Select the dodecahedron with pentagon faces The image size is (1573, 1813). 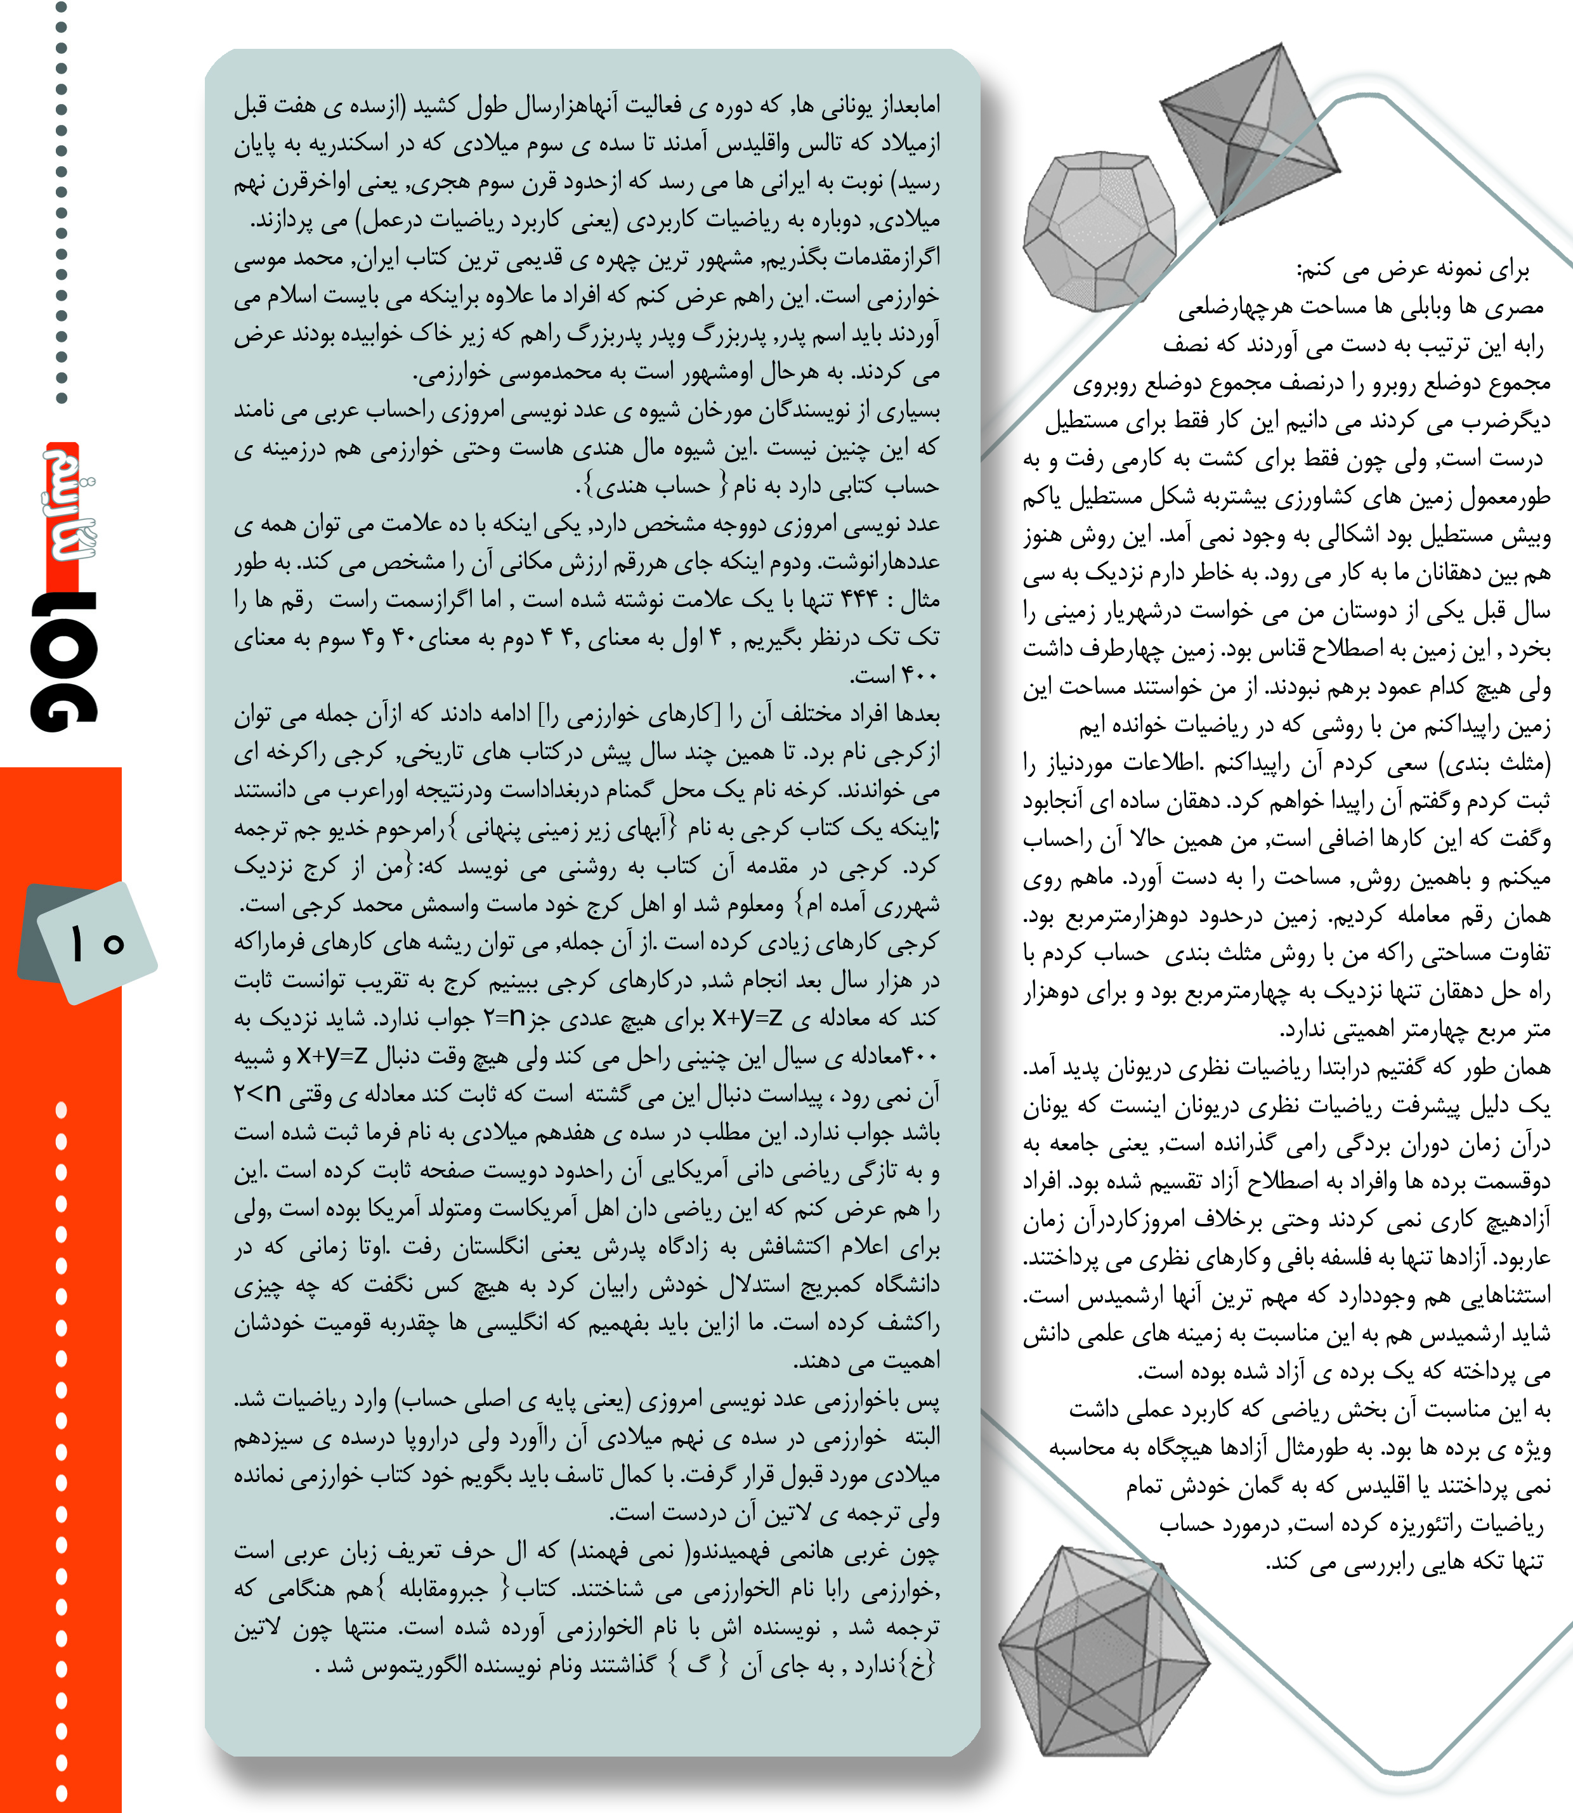click(x=1099, y=231)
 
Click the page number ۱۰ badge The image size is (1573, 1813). click(x=96, y=944)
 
